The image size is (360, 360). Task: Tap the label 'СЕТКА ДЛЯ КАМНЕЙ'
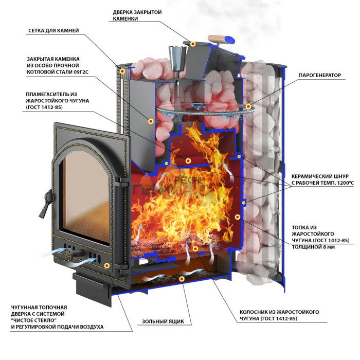pyautogui.click(x=53, y=31)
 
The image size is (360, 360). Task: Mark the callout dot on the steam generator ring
pyautogui.click(x=248, y=107)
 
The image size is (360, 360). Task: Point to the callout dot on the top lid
pyautogui.click(x=193, y=43)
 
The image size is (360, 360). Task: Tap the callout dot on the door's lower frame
pyautogui.click(x=106, y=265)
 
